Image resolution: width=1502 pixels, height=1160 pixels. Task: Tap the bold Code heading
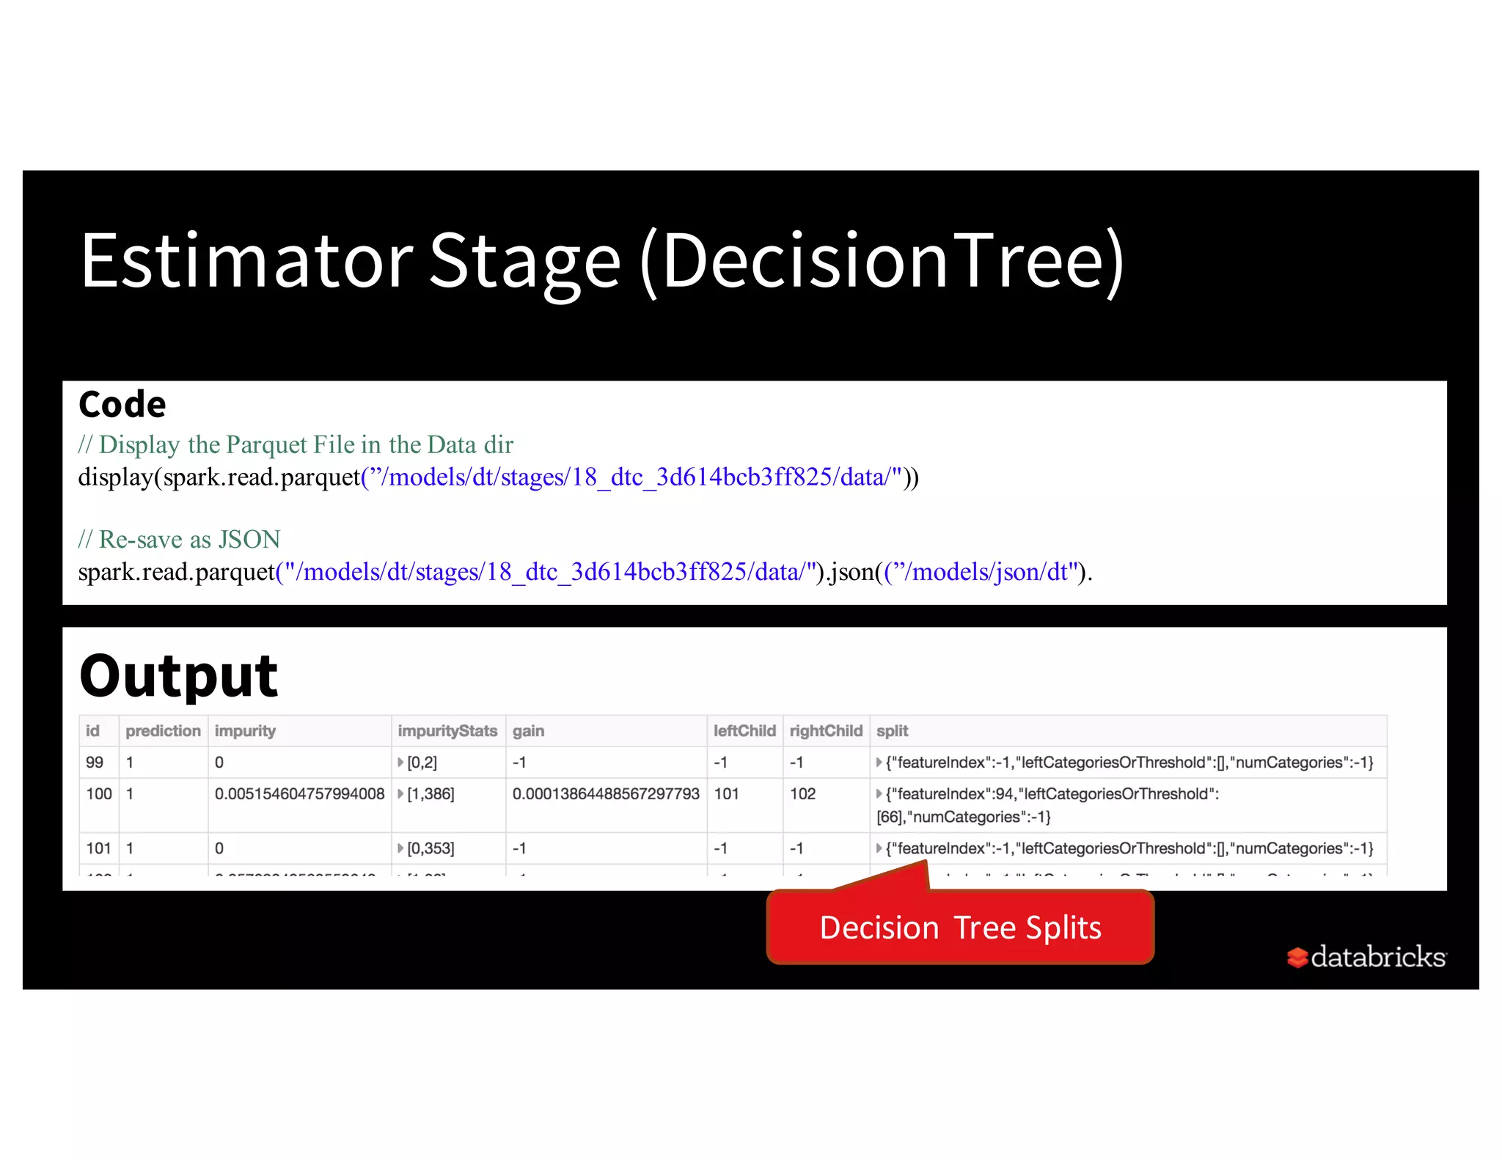pyautogui.click(x=122, y=404)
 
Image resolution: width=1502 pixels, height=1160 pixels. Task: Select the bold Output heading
pyautogui.click(x=178, y=675)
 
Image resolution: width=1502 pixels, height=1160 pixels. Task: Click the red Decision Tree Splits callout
pyautogui.click(x=960, y=928)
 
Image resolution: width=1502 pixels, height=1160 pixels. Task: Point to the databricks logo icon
pyautogui.click(x=1297, y=957)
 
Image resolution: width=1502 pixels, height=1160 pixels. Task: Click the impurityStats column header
pyautogui.click(x=447, y=731)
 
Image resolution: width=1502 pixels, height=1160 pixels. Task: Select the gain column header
pyautogui.click(x=528, y=731)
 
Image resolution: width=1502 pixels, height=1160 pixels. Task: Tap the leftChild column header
pyautogui.click(x=744, y=731)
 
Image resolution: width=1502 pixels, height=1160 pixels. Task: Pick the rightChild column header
pyautogui.click(x=826, y=731)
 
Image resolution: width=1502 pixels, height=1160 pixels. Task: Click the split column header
pyautogui.click(x=892, y=731)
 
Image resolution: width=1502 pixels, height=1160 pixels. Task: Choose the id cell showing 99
pyautogui.click(x=95, y=763)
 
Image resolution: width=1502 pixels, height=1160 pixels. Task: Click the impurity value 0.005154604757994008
pyautogui.click(x=299, y=794)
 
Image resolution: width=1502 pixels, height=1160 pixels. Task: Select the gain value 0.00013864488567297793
pyautogui.click(x=606, y=794)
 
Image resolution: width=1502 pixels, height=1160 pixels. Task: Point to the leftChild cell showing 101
pyautogui.click(x=726, y=794)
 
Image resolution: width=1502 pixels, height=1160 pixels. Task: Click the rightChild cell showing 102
pyautogui.click(x=802, y=794)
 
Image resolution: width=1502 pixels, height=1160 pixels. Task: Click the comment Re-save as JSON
pyautogui.click(x=180, y=540)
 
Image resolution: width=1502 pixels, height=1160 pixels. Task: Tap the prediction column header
pyautogui.click(x=163, y=731)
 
